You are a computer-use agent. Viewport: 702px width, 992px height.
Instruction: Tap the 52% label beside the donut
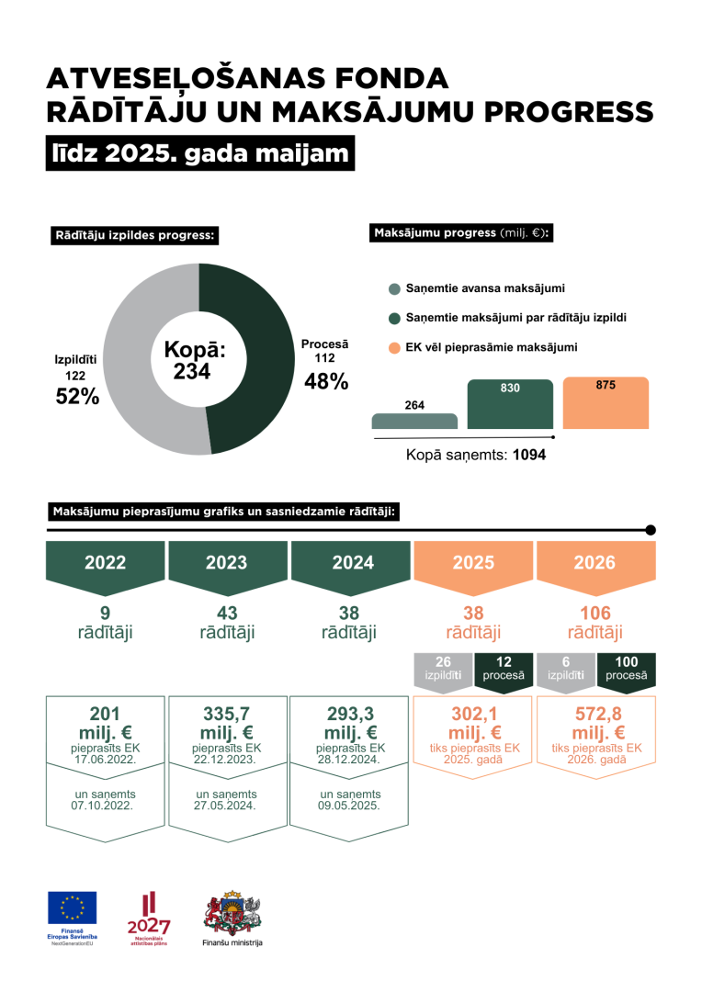[77, 396]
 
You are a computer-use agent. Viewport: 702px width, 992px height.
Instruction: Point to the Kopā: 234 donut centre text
[194, 360]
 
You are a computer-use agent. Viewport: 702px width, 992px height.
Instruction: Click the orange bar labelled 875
[606, 404]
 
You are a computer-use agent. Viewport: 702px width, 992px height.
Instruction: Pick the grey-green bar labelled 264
[414, 421]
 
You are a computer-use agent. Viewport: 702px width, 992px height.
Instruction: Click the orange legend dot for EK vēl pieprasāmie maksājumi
[394, 347]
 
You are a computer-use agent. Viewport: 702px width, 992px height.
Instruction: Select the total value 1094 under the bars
[529, 454]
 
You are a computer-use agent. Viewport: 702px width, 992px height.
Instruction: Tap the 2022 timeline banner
[106, 563]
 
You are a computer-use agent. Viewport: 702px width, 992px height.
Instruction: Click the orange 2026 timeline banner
[594, 563]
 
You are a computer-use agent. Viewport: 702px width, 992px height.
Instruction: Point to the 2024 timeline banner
[350, 563]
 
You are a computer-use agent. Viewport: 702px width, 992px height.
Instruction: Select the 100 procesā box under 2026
[626, 669]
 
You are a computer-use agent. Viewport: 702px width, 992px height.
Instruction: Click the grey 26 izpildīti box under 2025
[443, 669]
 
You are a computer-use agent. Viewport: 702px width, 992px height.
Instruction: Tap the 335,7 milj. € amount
[227, 723]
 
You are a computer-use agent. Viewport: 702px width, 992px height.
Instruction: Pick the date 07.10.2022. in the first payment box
[105, 806]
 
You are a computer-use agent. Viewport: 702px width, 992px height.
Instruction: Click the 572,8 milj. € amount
[594, 723]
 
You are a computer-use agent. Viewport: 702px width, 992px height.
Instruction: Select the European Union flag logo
[73, 907]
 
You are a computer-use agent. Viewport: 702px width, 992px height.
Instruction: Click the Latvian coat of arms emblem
[232, 911]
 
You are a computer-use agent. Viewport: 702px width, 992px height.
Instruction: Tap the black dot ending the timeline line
[651, 530]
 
